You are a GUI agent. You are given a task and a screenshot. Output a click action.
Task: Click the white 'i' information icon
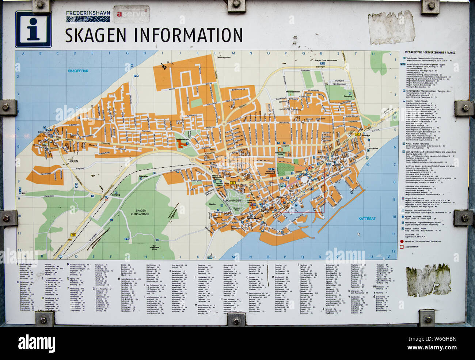33,29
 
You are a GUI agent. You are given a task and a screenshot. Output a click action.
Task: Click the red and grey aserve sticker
131,15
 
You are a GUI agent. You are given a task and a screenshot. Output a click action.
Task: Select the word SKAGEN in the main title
96,35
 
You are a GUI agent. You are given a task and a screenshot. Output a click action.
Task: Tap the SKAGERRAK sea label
78,71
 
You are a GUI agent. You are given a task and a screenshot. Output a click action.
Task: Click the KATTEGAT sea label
366,219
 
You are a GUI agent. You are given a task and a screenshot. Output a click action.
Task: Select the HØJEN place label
73,161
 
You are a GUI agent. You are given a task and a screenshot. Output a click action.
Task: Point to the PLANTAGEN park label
233,201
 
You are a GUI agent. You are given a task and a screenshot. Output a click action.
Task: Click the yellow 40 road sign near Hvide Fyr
358,134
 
